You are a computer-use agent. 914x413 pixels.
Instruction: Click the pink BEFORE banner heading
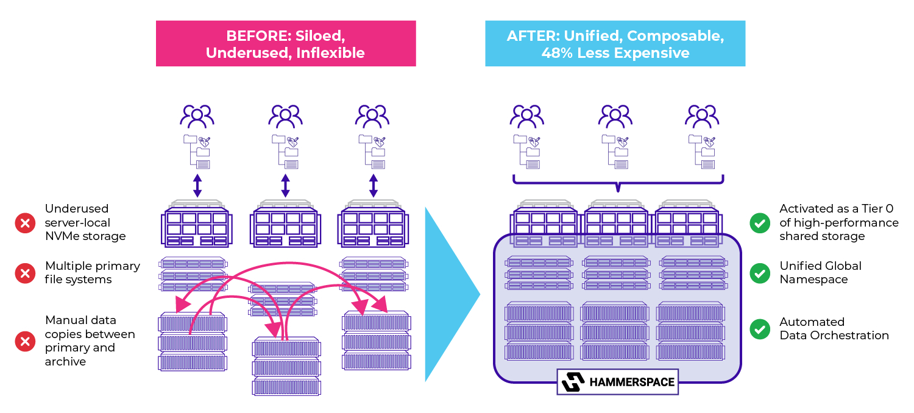coord(285,44)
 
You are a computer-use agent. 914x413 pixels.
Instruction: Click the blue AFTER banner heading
coord(615,44)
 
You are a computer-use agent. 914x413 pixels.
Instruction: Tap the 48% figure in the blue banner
coord(556,53)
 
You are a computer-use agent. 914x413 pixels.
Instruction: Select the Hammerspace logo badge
coord(617,382)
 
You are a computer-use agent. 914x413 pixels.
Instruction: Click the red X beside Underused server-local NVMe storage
coord(25,223)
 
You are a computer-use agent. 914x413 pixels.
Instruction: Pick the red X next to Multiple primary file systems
coord(25,274)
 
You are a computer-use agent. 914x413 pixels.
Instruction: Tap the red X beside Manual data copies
coord(25,341)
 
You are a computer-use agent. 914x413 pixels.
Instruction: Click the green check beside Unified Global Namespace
coord(759,273)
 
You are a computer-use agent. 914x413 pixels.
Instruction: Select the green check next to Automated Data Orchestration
coord(759,329)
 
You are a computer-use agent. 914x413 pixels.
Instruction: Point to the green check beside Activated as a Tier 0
coord(759,223)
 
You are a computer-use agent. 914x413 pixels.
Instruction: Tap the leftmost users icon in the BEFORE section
coord(197,116)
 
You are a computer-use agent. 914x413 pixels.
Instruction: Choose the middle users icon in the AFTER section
coord(615,116)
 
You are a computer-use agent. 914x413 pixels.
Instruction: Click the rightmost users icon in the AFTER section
coord(702,116)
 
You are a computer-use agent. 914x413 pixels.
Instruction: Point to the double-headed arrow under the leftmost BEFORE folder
coord(197,185)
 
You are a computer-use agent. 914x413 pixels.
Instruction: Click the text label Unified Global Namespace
coord(820,273)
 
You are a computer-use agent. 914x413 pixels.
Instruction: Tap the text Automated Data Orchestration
coord(834,329)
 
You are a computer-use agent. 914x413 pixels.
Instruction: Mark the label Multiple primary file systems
coord(93,273)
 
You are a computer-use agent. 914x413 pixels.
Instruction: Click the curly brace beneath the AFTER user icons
coord(618,182)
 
